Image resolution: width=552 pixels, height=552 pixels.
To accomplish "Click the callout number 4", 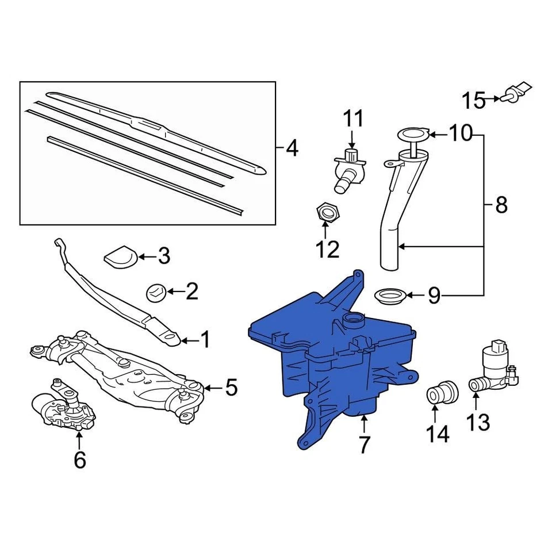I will point(292,149).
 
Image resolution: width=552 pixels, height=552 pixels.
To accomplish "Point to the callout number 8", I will point(501,205).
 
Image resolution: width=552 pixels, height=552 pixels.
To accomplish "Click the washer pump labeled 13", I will point(494,368).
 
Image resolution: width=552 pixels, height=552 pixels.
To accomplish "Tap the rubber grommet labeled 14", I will point(442,393).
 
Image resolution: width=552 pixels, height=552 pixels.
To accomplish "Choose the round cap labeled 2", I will point(156,292).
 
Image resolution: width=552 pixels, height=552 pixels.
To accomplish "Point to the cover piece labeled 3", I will point(121,256).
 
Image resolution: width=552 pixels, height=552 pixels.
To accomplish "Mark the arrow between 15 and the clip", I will point(493,99).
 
